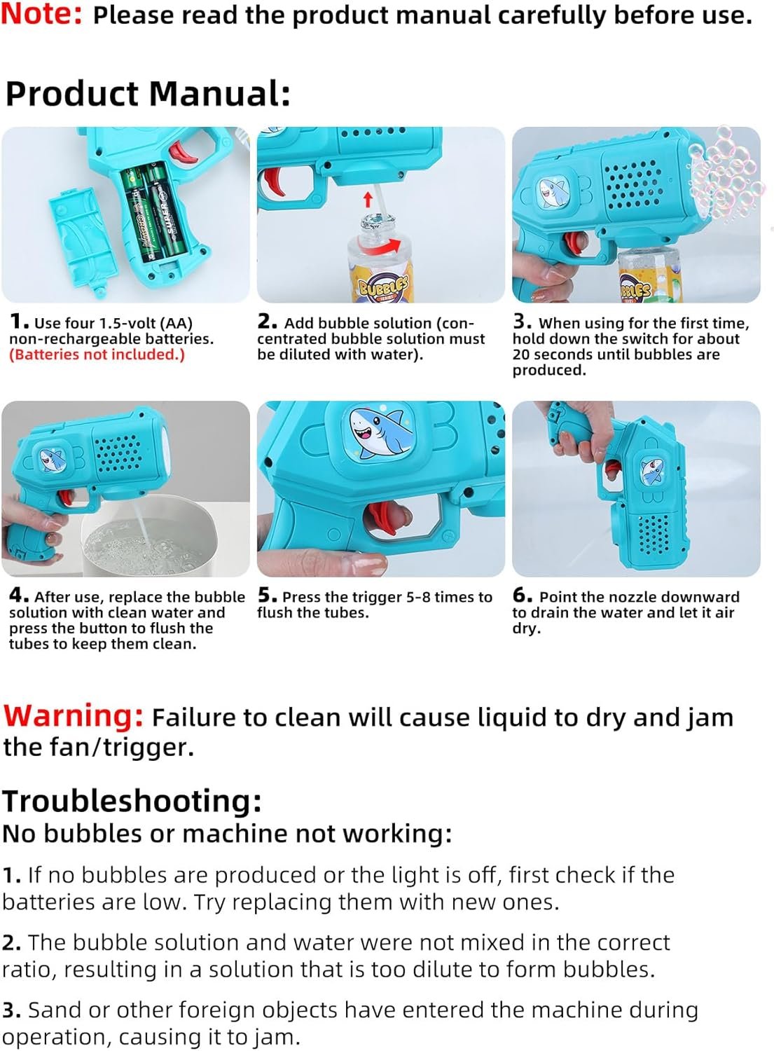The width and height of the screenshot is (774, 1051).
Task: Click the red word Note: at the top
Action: click(42, 14)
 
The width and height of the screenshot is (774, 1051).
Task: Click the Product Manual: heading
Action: click(147, 94)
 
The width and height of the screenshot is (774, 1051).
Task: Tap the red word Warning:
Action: click(74, 716)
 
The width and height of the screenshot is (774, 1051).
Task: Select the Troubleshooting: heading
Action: click(132, 800)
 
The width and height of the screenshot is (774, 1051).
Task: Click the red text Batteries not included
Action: click(97, 355)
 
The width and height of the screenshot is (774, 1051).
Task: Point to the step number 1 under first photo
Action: click(18, 322)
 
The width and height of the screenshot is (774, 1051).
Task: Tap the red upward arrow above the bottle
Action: click(368, 200)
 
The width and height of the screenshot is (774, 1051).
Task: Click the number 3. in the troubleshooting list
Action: click(11, 1010)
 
